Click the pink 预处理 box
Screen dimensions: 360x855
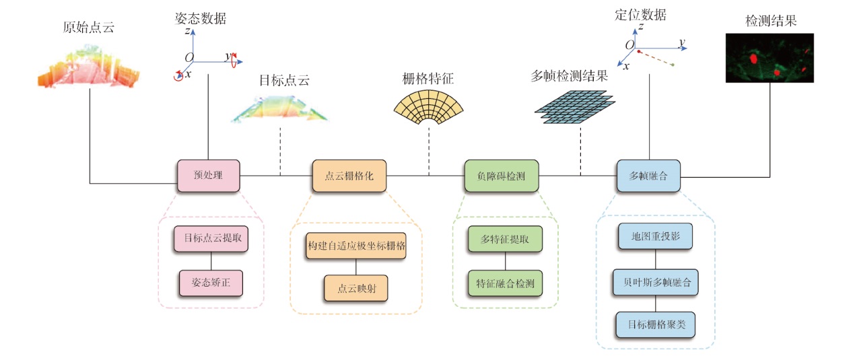[208, 176]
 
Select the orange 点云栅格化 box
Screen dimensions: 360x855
[349, 176]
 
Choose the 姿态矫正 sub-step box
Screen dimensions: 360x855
[211, 283]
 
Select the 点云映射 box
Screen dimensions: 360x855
[356, 287]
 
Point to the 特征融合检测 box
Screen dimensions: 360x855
[505, 283]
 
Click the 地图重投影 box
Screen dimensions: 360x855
[655, 238]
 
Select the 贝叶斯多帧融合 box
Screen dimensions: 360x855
[655, 281]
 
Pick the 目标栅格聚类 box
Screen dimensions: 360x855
[655, 324]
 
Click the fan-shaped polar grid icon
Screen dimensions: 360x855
[429, 108]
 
